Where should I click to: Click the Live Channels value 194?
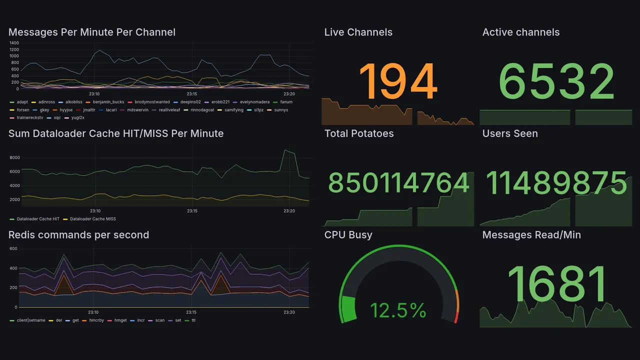pyautogui.click(x=398, y=82)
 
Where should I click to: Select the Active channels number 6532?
pyautogui.click(x=556, y=82)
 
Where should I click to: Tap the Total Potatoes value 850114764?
pyautogui.click(x=398, y=183)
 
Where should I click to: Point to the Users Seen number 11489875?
pyautogui.click(x=556, y=183)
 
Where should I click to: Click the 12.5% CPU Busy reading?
pyautogui.click(x=398, y=310)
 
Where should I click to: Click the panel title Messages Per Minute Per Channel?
pyautogui.click(x=92, y=32)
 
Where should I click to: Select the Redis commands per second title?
pyautogui.click(x=78, y=235)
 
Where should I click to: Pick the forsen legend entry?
pyautogui.click(x=23, y=110)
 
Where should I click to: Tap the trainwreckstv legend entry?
pyautogui.click(x=29, y=118)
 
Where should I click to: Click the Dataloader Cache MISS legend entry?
pyautogui.click(x=92, y=219)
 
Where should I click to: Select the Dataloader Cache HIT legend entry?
pyautogui.click(x=38, y=219)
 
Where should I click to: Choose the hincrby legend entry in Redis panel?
pyautogui.click(x=97, y=320)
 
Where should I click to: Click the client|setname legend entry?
pyautogui.click(x=31, y=320)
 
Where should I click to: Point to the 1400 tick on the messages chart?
pyautogui.click(x=14, y=43)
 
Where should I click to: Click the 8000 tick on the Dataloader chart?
pyautogui.click(x=14, y=158)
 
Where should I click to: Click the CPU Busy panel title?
pyautogui.click(x=348, y=235)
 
